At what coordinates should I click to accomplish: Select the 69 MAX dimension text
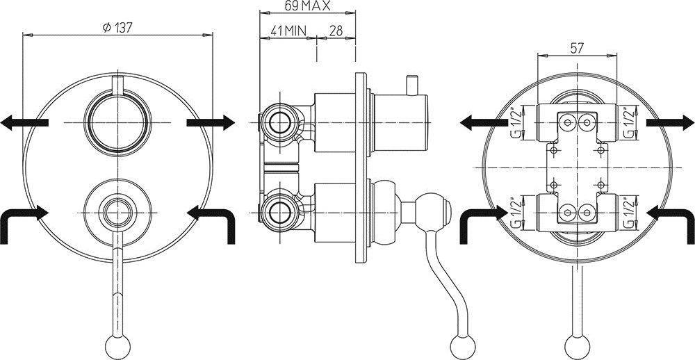tap(306, 6)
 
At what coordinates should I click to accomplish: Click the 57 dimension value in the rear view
tap(576, 48)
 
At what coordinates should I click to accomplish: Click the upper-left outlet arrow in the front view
tap(24, 123)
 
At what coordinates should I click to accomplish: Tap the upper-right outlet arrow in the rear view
tap(669, 123)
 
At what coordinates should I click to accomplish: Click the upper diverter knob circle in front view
tap(117, 122)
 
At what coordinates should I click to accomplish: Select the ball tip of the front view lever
tap(117, 343)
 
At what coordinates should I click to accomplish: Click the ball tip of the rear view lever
tap(576, 343)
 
